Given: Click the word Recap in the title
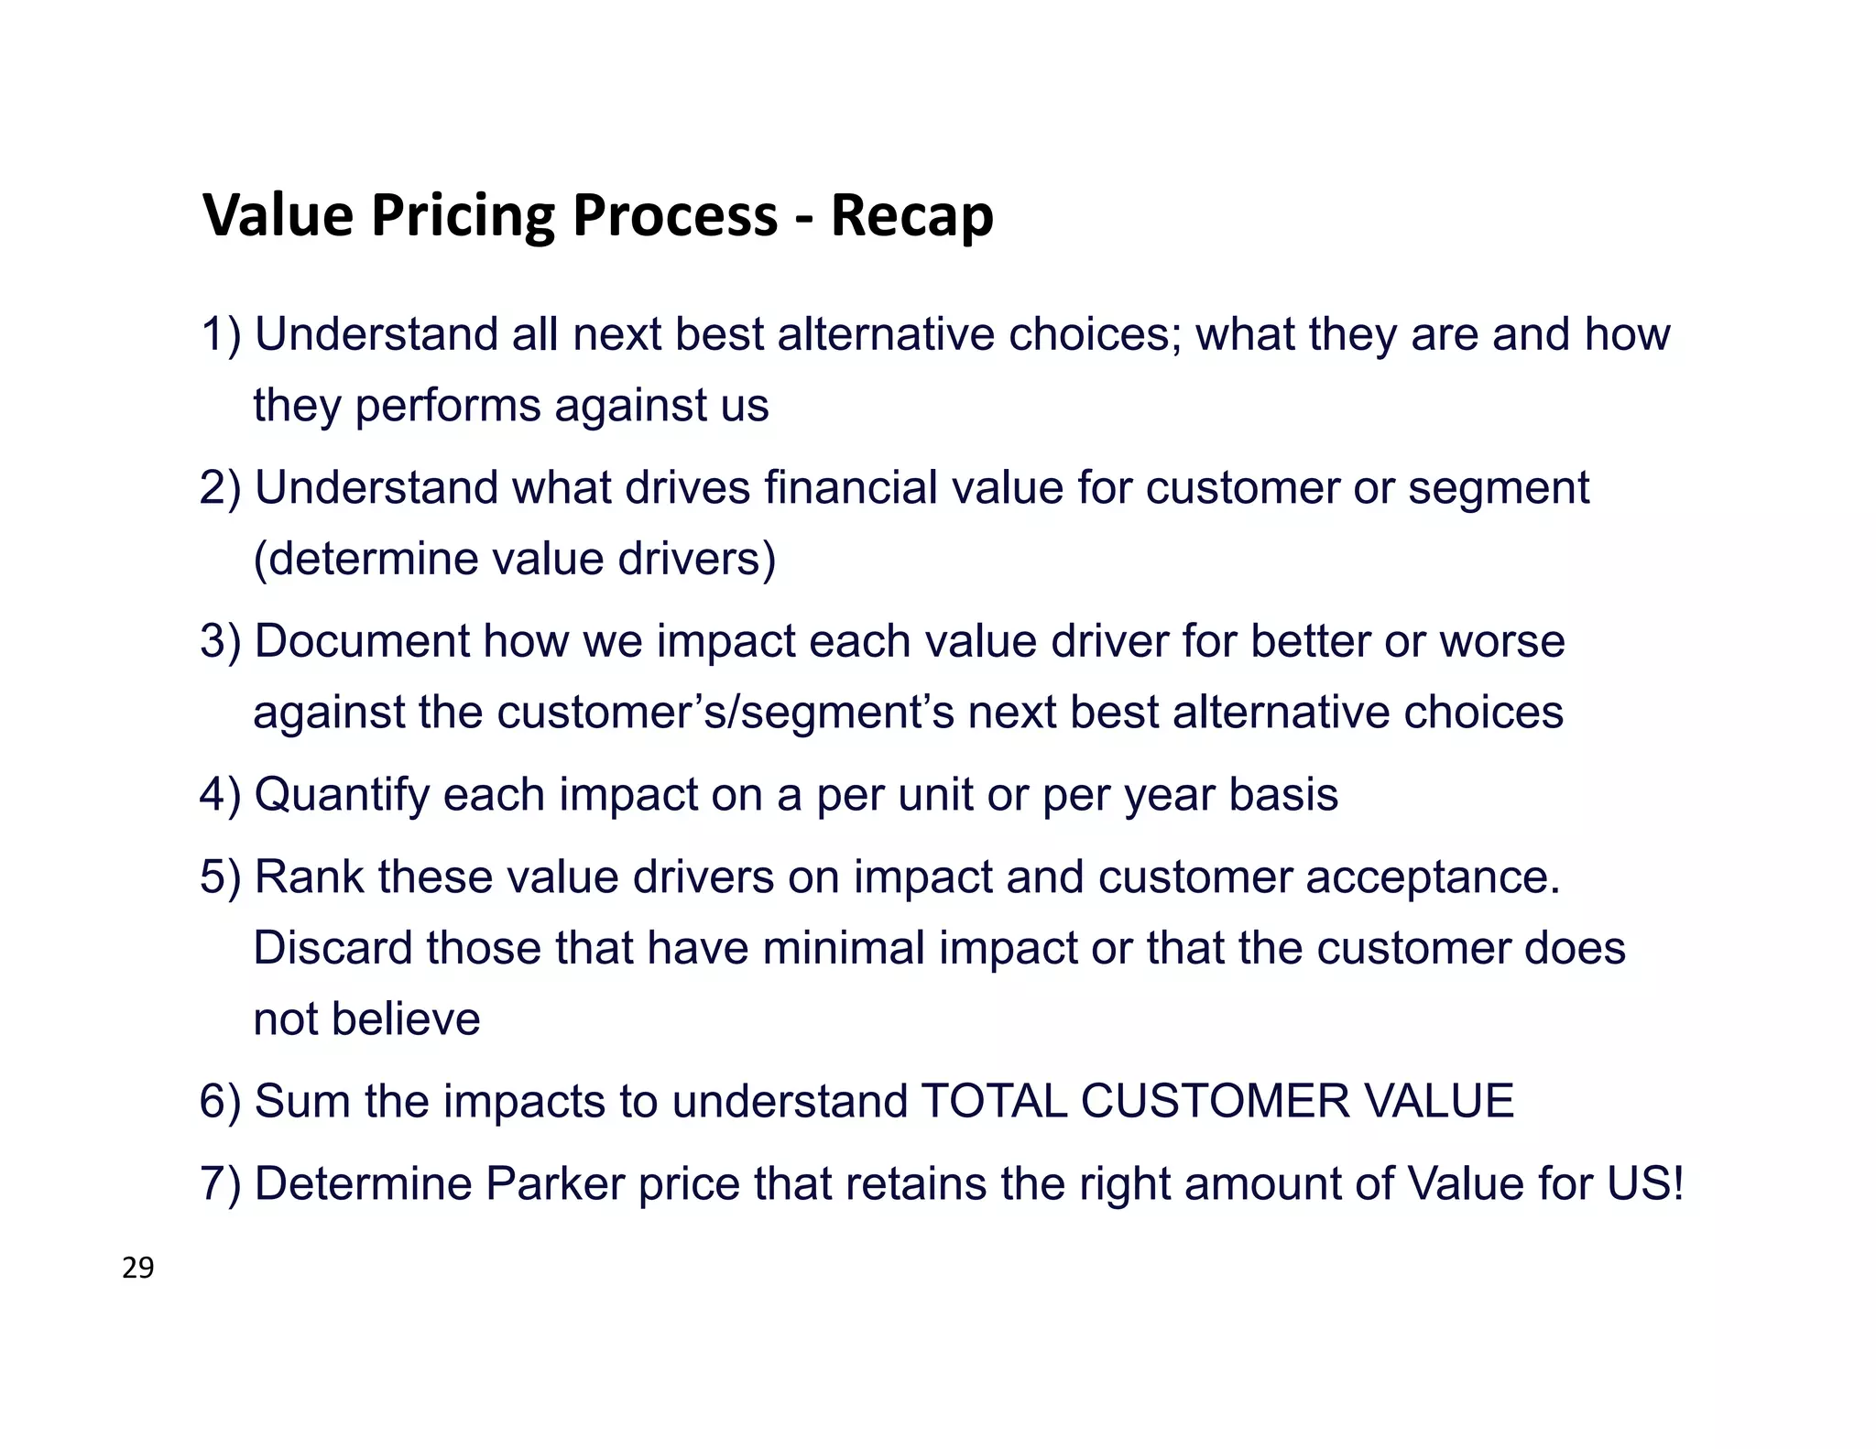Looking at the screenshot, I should [911, 216].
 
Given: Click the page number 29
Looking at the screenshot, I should [138, 1269].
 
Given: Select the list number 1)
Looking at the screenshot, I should [221, 334].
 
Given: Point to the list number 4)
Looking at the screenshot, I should [221, 795].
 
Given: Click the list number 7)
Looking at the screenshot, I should [221, 1183].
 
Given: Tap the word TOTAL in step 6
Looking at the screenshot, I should [994, 1101].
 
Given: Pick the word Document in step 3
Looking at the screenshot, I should [362, 641].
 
